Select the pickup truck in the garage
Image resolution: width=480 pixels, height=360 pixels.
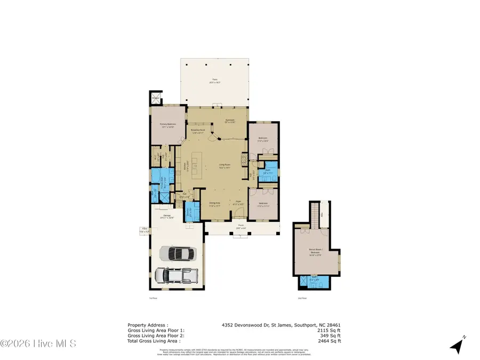pos(176,275)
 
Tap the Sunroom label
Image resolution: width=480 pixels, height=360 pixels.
pos(230,121)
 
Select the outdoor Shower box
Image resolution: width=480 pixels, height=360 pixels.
pos(156,98)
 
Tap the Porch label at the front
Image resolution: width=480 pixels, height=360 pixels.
pos(241,226)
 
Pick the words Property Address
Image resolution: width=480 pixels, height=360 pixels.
pos(148,324)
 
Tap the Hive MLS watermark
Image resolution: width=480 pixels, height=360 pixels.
pos(38,343)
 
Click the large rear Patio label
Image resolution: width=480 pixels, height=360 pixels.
pos(214,81)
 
